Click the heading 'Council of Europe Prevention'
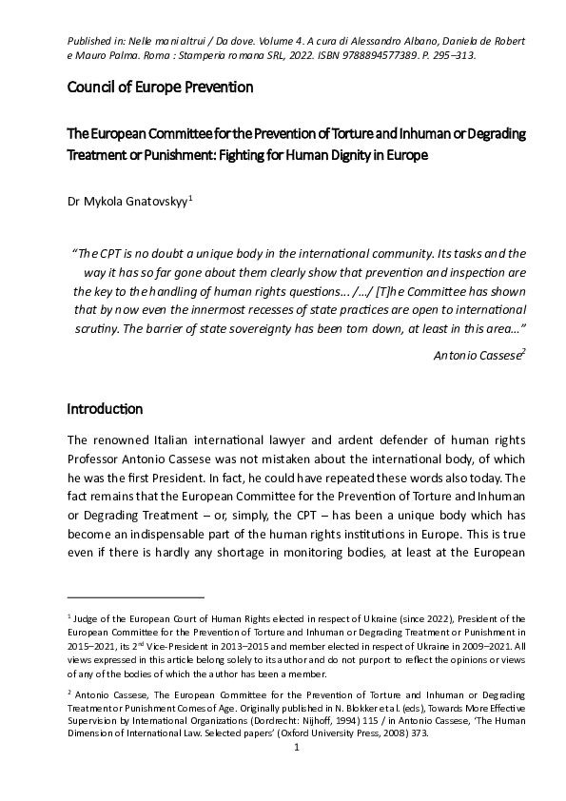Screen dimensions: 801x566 point(160,88)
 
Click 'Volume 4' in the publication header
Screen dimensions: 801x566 point(309,41)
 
